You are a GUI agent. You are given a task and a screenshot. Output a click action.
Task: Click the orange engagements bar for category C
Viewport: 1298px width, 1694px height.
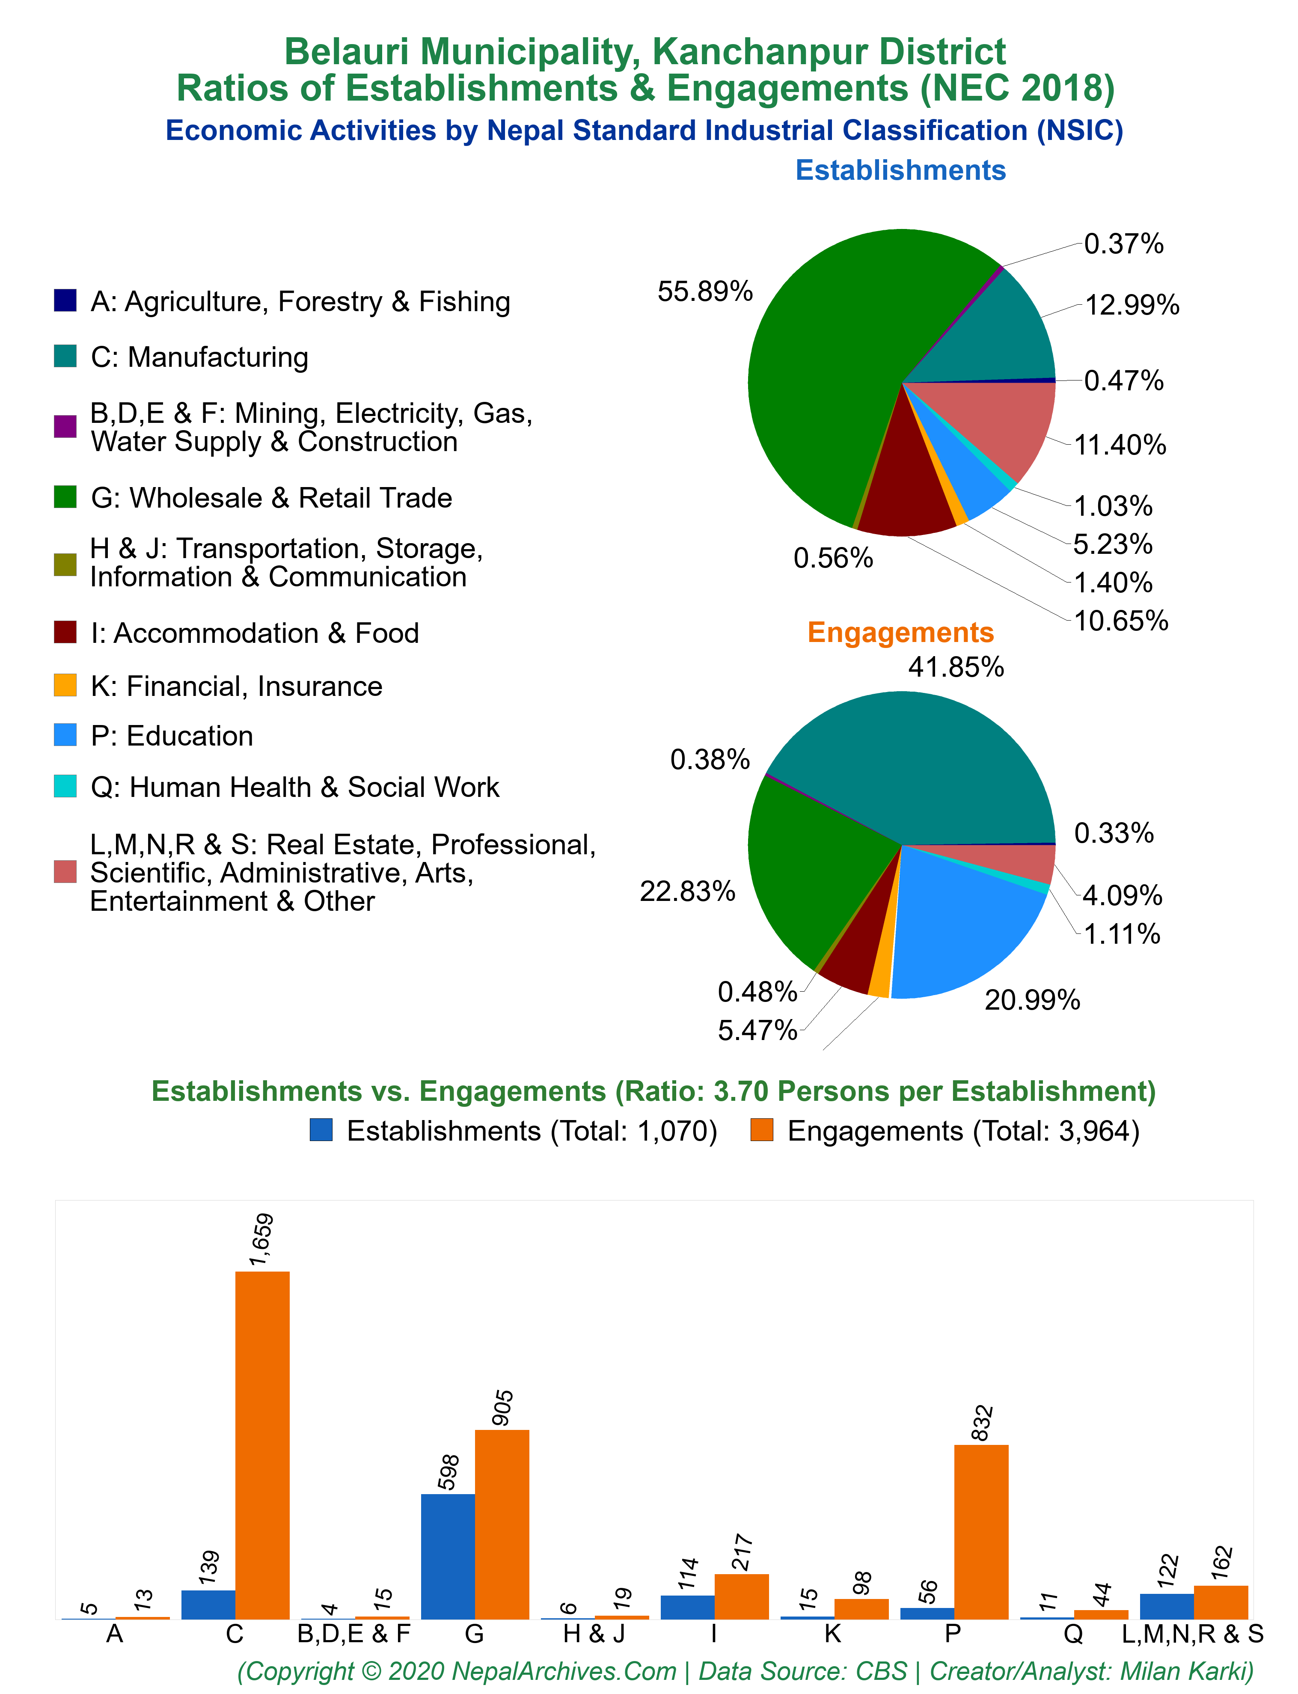(263, 1445)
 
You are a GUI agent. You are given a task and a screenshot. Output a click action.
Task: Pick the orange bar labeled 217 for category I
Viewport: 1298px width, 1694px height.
(742, 1597)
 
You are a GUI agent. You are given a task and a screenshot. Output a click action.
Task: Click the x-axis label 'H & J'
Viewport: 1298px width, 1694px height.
(594, 1634)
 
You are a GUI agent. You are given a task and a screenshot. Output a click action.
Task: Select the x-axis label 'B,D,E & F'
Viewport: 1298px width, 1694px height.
(354, 1634)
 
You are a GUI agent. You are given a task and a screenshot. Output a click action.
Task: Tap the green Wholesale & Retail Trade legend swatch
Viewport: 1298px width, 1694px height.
(65, 497)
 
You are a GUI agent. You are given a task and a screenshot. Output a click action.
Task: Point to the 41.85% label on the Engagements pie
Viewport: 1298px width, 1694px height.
(956, 667)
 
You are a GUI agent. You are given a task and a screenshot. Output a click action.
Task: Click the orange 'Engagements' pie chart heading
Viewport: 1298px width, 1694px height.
(901, 632)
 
